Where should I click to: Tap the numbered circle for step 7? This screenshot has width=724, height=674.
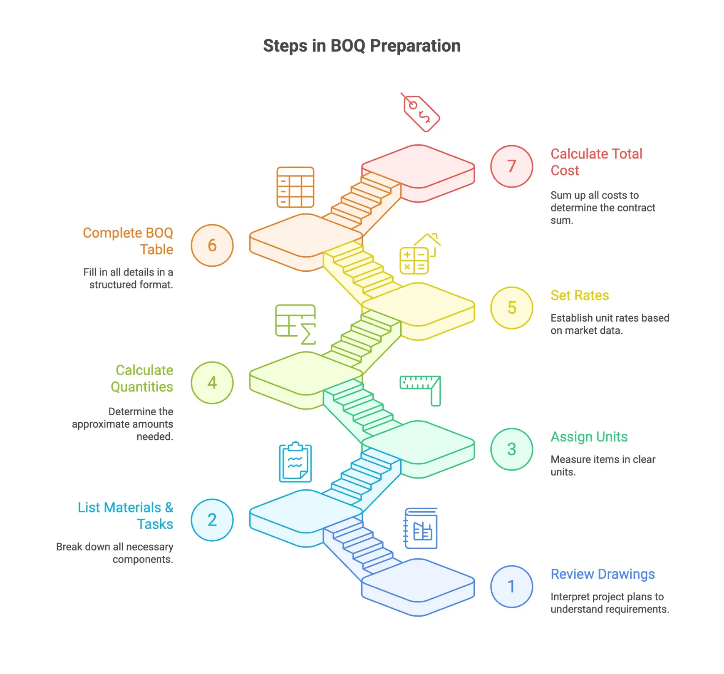pos(511,166)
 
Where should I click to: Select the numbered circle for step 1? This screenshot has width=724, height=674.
pos(511,587)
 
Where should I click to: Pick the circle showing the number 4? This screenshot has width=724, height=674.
pos(212,383)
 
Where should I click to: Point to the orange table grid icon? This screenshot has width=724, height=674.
pos(295,187)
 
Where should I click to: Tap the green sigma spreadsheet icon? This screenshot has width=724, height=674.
pos(296,324)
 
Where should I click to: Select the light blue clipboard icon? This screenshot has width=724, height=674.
pos(295,462)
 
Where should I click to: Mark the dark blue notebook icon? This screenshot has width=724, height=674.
pos(421,528)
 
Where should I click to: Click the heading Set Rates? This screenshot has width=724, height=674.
pos(580,295)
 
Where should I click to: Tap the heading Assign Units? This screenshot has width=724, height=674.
pos(589,437)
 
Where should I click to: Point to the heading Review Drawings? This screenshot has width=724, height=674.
pos(603,574)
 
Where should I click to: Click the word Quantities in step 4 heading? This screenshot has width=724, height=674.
pos(142,387)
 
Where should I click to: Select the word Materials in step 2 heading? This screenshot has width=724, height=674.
pos(132,508)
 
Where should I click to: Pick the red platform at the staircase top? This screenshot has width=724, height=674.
pos(418,166)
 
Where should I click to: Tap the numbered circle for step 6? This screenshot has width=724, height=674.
pos(212,245)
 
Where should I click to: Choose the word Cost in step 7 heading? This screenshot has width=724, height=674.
pos(565,171)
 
